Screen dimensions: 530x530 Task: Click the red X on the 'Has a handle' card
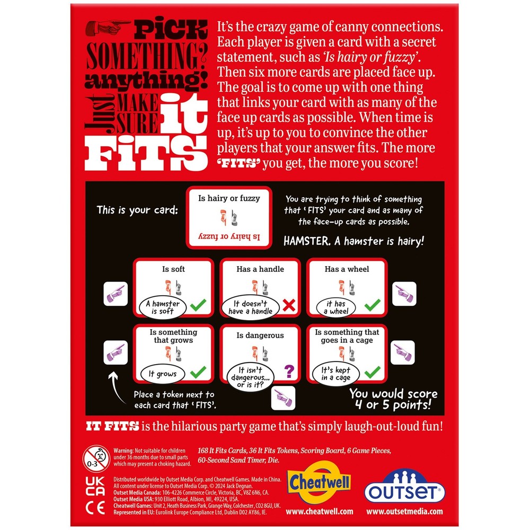point(289,305)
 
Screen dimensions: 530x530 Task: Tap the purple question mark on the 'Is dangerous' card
point(289,371)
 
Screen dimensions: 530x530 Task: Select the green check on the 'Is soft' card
point(198,305)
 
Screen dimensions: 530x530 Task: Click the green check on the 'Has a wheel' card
point(373,305)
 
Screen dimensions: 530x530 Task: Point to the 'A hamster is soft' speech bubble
point(163,307)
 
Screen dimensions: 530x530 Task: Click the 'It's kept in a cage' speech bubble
point(335,374)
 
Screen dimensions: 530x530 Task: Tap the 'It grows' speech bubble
point(163,374)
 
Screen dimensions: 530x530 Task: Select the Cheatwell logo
point(319,482)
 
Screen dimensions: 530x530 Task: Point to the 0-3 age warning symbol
point(96,458)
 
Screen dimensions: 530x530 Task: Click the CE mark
point(95,508)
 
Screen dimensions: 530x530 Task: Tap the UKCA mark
point(95,486)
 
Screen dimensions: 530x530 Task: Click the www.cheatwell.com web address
point(320,511)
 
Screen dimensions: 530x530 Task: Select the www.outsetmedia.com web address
point(404,511)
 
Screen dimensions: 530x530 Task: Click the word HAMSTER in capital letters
point(307,241)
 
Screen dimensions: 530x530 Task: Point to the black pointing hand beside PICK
point(108,28)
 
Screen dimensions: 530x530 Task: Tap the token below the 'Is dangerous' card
point(283,398)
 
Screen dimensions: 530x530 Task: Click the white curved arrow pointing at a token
point(117,388)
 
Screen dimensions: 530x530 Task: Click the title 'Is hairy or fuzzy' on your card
point(229,198)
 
